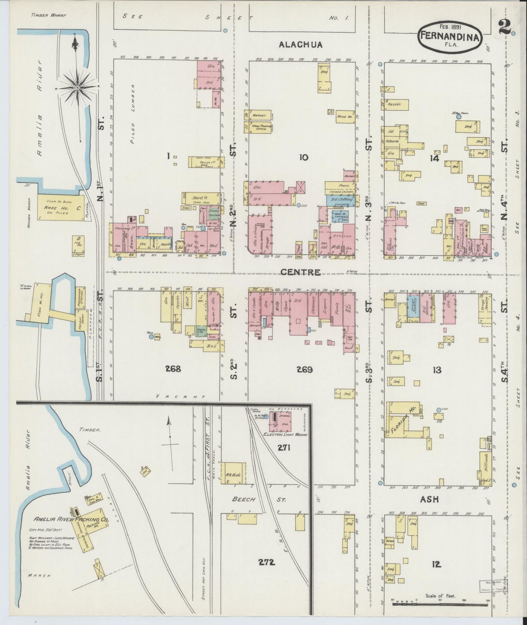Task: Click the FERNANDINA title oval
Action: pyautogui.click(x=451, y=35)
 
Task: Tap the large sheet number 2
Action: pyautogui.click(x=505, y=27)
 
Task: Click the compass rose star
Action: pyautogui.click(x=79, y=88)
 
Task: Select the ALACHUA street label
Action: pyautogui.click(x=301, y=45)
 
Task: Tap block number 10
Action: pyautogui.click(x=303, y=158)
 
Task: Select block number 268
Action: pyautogui.click(x=173, y=369)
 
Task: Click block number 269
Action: pyautogui.click(x=305, y=370)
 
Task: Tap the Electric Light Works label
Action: pyautogui.click(x=285, y=435)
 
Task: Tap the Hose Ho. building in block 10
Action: pyautogui.click(x=345, y=116)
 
